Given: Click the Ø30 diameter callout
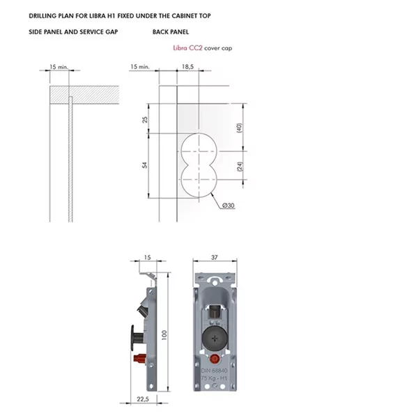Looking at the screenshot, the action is click(x=229, y=206).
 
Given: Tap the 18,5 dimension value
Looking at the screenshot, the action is click(x=187, y=66).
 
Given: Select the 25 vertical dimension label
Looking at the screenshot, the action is click(x=145, y=119).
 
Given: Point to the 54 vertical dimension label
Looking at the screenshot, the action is click(x=144, y=165).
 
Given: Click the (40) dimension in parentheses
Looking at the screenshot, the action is click(x=239, y=127).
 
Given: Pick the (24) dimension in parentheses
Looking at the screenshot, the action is click(x=240, y=167).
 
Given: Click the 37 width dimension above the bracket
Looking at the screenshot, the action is click(x=215, y=257).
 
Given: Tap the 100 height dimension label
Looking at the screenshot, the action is click(x=164, y=335).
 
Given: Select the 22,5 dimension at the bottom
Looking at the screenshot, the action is click(x=143, y=399).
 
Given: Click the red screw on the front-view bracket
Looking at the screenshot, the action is click(x=215, y=359).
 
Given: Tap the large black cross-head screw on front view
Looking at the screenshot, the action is click(x=215, y=339).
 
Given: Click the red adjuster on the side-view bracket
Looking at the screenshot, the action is click(x=139, y=358).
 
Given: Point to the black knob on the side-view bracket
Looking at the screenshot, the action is click(x=137, y=338).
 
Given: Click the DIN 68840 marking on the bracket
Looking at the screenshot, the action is click(x=215, y=371).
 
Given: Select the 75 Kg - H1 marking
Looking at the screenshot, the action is click(x=214, y=378).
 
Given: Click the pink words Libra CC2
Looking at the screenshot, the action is click(x=187, y=48).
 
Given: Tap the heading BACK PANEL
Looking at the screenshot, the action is click(x=171, y=32).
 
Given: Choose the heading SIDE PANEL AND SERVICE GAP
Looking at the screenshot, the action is click(x=73, y=32).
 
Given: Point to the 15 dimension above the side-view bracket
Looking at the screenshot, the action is click(x=147, y=257).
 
